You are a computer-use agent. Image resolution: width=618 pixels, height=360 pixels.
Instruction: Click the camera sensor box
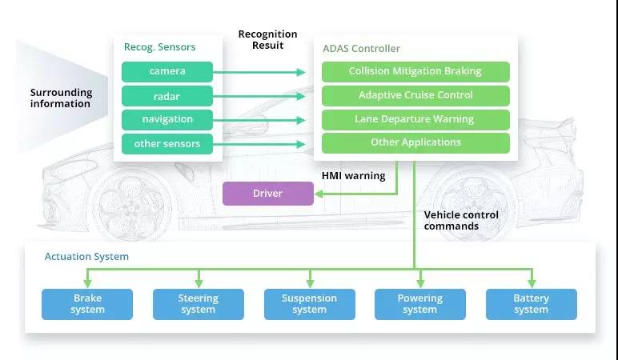[167, 71]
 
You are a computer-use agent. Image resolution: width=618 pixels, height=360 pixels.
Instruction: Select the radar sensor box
[167, 96]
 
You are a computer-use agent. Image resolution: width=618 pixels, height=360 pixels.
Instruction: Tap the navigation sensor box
[167, 120]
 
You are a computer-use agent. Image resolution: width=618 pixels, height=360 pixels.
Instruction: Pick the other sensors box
[167, 144]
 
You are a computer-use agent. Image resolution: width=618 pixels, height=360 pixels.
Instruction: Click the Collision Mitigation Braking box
[415, 71]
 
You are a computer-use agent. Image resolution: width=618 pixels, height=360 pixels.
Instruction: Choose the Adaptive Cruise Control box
[415, 95]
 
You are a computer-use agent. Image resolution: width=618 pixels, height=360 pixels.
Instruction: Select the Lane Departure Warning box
[415, 119]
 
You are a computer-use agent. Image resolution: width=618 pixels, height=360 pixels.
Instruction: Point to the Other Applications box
[415, 142]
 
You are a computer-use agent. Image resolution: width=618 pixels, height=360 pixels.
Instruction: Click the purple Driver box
[268, 194]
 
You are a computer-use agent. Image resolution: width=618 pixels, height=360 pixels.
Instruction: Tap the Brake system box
[87, 304]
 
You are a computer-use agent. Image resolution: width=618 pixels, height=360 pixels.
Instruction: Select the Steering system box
[199, 304]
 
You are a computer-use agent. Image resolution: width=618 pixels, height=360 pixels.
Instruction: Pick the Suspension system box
[309, 304]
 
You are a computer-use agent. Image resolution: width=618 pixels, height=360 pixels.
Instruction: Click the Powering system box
[420, 304]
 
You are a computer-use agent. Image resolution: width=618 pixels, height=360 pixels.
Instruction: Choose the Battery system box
[531, 304]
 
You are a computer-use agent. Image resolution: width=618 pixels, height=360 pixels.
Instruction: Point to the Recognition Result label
[267, 40]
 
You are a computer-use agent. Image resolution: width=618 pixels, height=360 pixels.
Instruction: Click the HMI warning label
[353, 176]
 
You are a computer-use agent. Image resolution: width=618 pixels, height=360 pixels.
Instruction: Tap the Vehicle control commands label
[461, 221]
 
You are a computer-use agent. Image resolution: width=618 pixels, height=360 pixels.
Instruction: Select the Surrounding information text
[62, 98]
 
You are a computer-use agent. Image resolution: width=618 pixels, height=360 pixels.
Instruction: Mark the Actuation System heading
[86, 257]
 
